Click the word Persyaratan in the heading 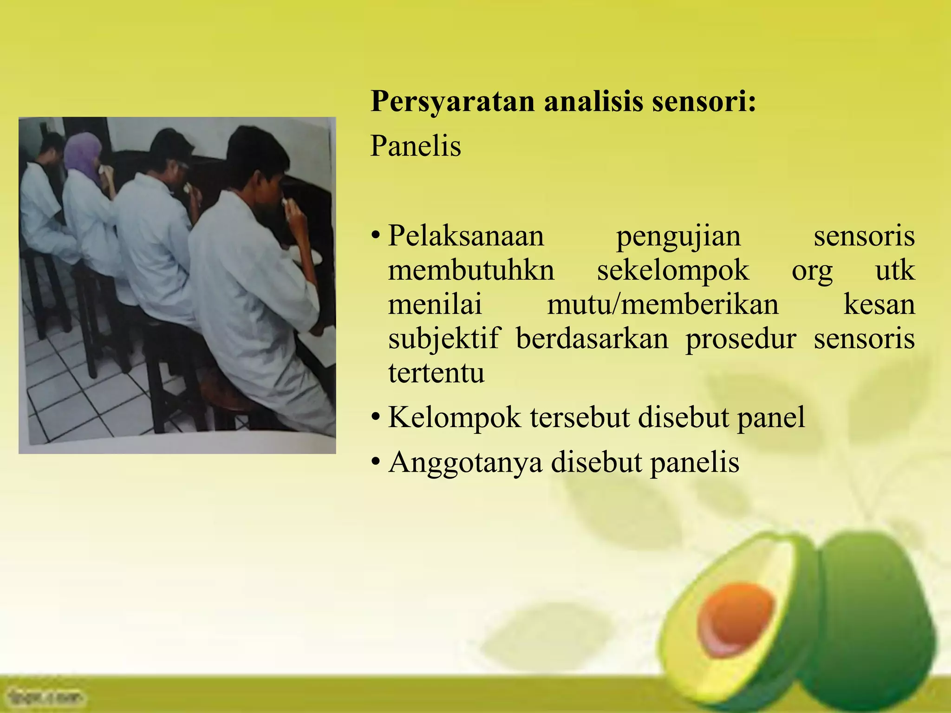pyautogui.click(x=452, y=102)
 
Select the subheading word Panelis pyautogui.click(x=416, y=147)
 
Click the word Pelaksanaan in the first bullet pyautogui.click(x=466, y=236)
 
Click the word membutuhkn pyautogui.click(x=471, y=270)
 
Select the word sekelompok pyautogui.click(x=673, y=271)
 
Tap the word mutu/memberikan pyautogui.click(x=663, y=305)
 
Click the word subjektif pyautogui.click(x=444, y=339)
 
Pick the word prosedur pyautogui.click(x=741, y=339)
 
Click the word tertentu pyautogui.click(x=436, y=373)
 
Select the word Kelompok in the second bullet pyautogui.click(x=454, y=418)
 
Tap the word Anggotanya pyautogui.click(x=465, y=463)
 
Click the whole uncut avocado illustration pyautogui.click(x=878, y=622)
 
